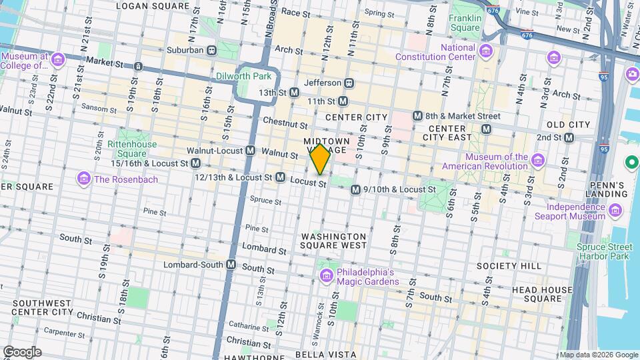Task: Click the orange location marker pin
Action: click(320, 159)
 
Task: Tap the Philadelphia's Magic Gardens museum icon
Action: click(327, 276)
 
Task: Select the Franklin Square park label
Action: click(465, 23)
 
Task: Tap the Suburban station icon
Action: click(211, 49)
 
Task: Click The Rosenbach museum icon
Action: click(83, 179)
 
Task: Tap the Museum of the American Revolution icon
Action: click(538, 161)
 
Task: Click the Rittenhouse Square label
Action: click(132, 149)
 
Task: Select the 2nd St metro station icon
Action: click(569, 137)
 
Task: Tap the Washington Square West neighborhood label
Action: click(333, 241)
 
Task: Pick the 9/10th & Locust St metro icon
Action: click(355, 190)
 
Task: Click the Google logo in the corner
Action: click(22, 351)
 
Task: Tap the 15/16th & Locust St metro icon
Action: click(196, 163)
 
